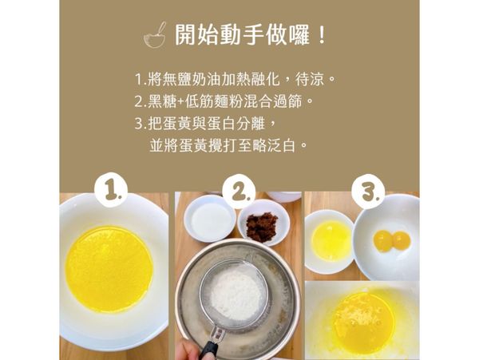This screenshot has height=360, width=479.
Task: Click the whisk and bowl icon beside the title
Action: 155,35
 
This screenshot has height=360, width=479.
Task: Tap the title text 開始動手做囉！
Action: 251,36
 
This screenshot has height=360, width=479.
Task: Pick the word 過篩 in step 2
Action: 288,102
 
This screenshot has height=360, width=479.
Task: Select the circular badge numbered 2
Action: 239,192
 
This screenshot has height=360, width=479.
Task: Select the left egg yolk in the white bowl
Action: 383,240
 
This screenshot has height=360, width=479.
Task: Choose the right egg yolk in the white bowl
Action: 401,239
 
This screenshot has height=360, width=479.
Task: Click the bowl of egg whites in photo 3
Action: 330,240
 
